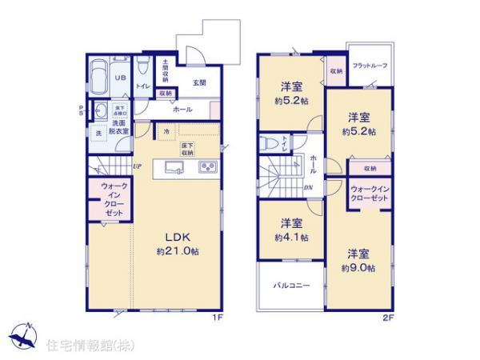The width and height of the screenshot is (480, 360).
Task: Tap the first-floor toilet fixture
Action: tap(141, 64)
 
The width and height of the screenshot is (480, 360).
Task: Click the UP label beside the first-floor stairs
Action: tap(138, 166)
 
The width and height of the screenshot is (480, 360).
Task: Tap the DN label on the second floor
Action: tap(308, 187)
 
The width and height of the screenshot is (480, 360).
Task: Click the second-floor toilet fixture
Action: tap(270, 145)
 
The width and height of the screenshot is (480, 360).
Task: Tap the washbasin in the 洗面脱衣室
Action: tap(102, 113)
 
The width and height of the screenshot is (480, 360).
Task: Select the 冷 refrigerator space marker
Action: tap(166, 131)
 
